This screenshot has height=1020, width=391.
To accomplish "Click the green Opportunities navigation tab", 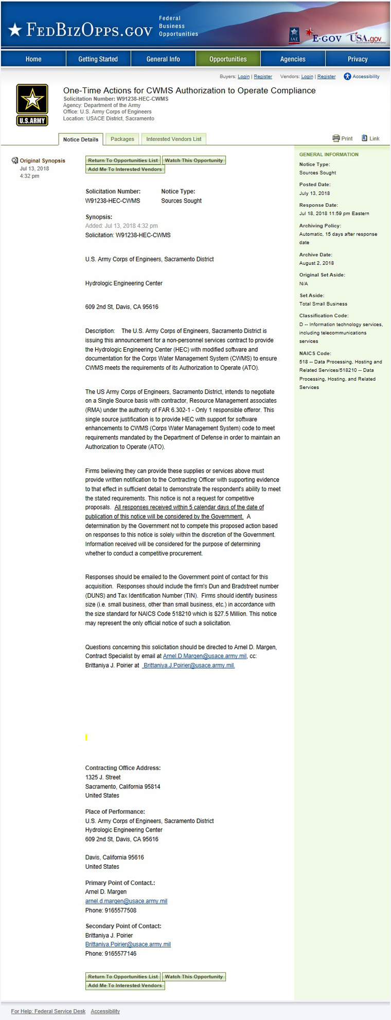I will coord(228,59).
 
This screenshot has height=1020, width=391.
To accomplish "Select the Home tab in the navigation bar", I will coord(33,59).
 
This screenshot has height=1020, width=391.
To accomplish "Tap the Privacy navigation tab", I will coord(358,59).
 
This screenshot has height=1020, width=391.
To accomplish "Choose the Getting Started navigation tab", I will coord(98,59).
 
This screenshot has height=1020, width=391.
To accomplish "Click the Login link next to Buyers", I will coord(243,77).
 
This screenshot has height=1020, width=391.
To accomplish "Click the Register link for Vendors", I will coord(326,77).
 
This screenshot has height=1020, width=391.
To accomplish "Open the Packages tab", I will coord(122,139).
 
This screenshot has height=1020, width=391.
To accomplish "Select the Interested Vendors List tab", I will coord(173,139).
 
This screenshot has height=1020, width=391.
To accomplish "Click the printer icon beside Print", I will coord(336,138).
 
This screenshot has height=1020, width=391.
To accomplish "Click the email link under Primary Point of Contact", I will coord(126,901).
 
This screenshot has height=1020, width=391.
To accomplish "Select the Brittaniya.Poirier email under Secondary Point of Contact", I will coord(128,944).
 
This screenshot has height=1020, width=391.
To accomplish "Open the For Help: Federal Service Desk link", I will coord(48,1011).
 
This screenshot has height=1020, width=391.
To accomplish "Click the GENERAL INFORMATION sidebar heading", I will coord(329,154).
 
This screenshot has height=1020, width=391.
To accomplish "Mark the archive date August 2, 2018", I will coord(316,263).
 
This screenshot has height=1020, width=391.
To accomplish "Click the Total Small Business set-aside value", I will coord(323,304).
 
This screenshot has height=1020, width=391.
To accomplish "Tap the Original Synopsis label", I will coord(43,160).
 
